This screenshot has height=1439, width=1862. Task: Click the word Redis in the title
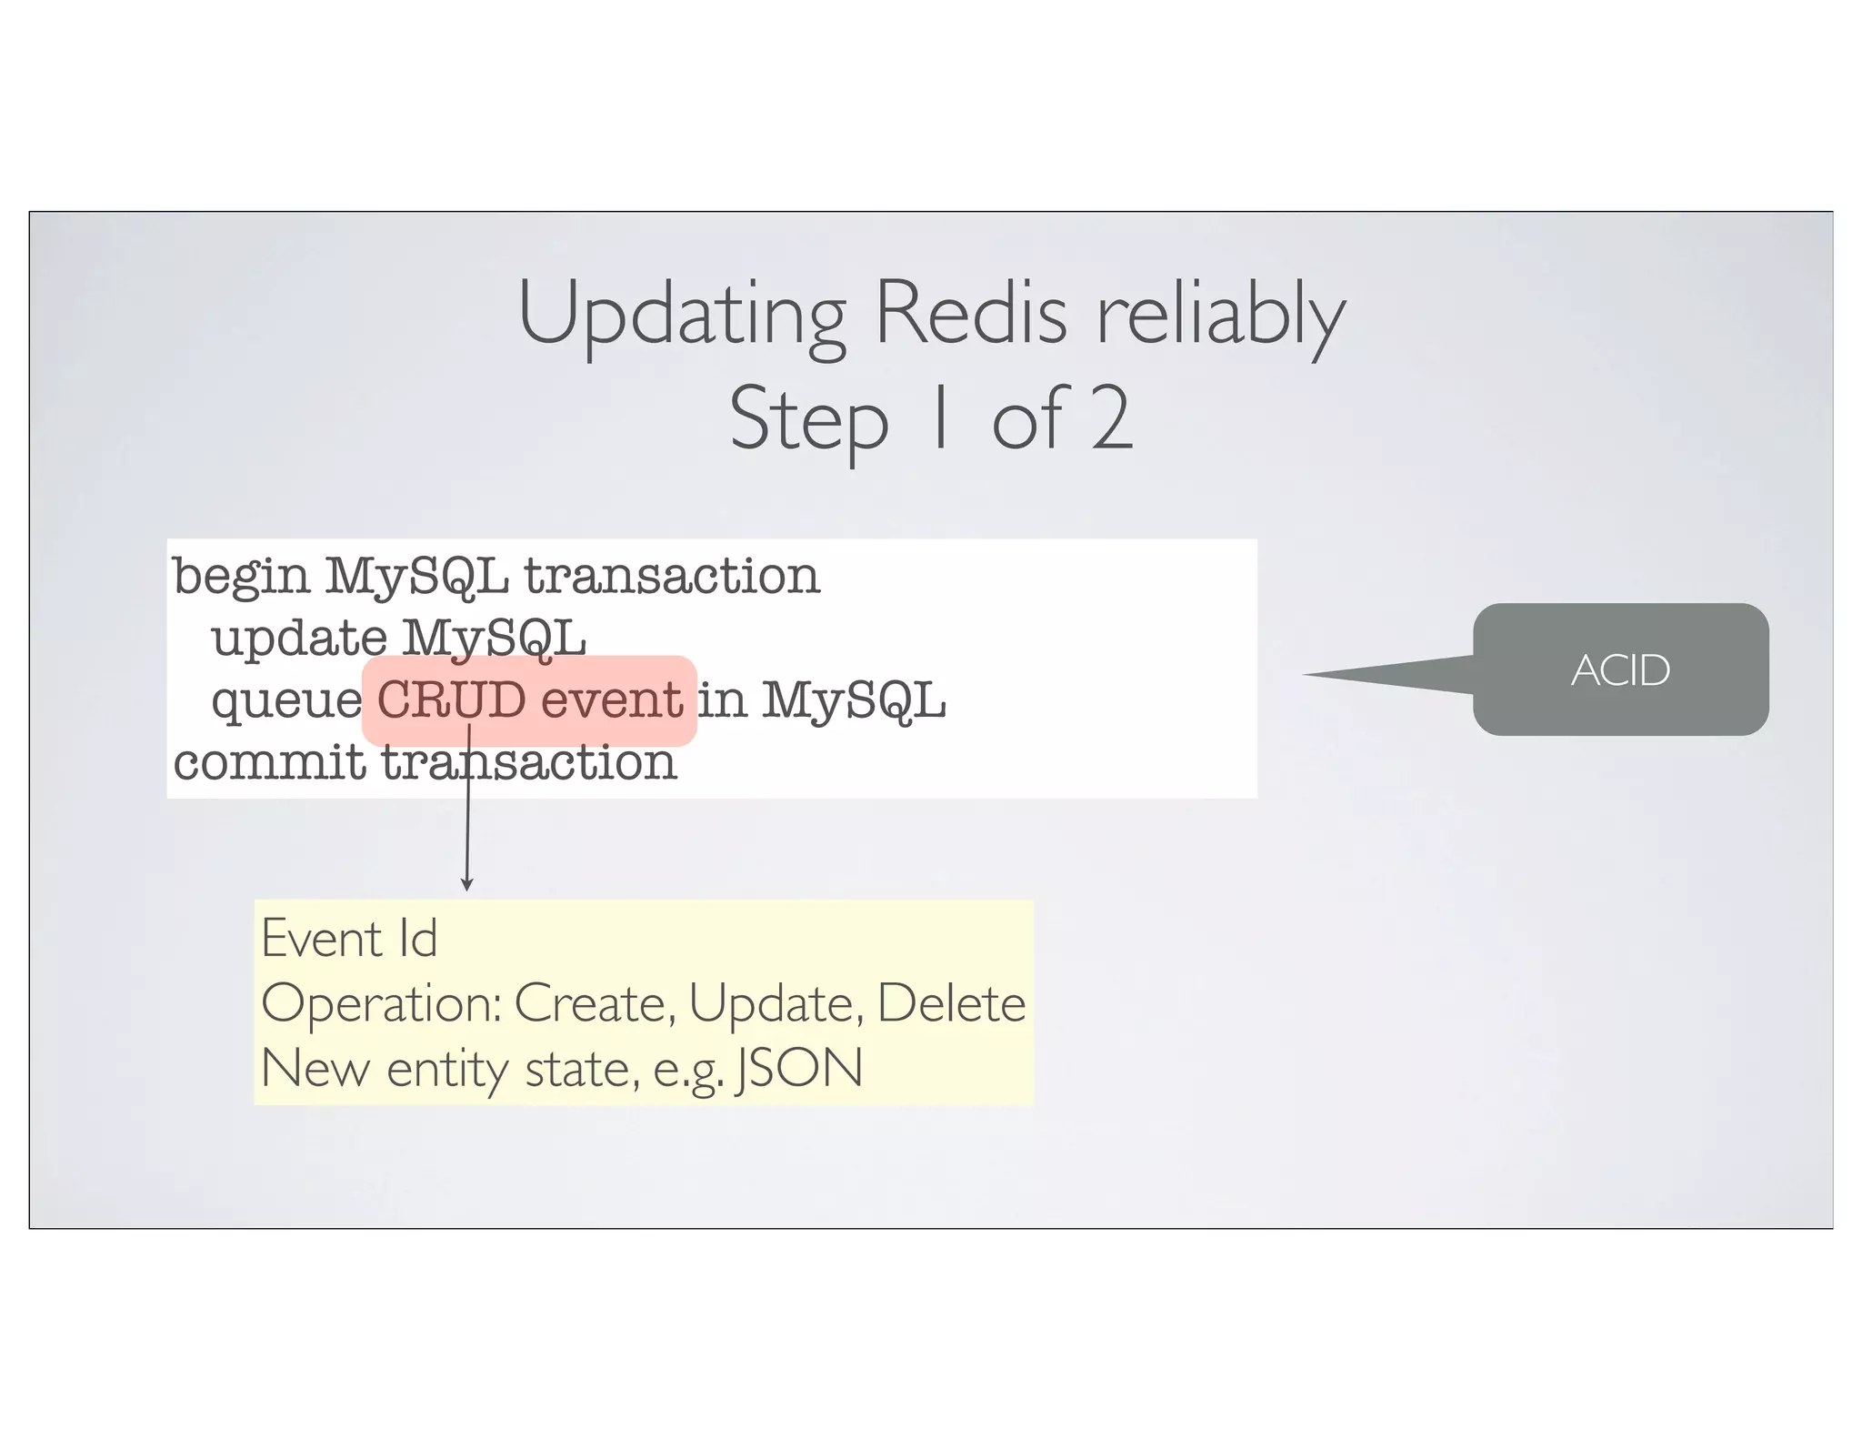[x=970, y=313]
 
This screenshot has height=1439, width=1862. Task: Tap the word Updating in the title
[x=682, y=317]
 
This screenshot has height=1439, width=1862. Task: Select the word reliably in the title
[x=1220, y=317]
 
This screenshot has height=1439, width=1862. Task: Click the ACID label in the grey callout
[x=1620, y=670]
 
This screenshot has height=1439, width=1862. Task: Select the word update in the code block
[x=299, y=639]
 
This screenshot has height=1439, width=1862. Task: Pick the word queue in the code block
[x=286, y=701]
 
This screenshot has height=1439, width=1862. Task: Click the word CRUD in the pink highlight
[x=451, y=699]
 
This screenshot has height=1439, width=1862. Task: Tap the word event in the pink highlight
[x=611, y=699]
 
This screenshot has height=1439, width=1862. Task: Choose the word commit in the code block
[x=268, y=762]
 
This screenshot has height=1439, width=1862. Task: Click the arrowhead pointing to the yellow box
[x=467, y=884]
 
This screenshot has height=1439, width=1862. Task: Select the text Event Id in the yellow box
[x=349, y=938]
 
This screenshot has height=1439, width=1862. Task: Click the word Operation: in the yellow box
[x=381, y=1004]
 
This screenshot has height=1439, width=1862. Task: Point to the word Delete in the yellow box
[x=951, y=1003]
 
